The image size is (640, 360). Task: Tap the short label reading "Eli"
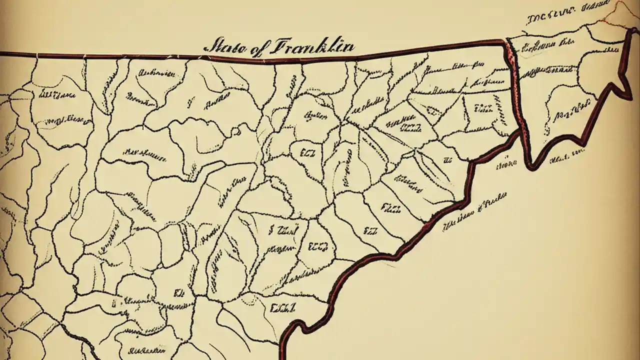[x=177, y=292]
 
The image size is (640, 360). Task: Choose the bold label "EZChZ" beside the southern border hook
[x=282, y=307]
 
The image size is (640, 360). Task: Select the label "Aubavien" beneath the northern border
[x=156, y=73]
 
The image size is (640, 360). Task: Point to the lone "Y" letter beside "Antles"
[x=190, y=104]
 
